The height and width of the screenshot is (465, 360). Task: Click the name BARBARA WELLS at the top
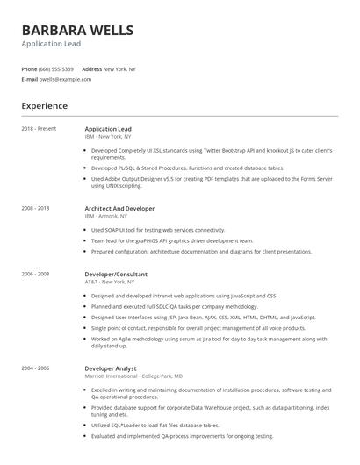pyautogui.click(x=78, y=31)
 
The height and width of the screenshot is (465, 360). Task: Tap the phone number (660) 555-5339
pyautogui.click(x=57, y=68)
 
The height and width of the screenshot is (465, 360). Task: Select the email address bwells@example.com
pyautogui.click(x=66, y=79)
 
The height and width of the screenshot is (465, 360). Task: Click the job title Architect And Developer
pyautogui.click(x=119, y=209)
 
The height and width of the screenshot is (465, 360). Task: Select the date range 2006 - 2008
pyautogui.click(x=36, y=274)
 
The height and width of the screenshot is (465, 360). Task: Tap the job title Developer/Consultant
pyautogui.click(x=116, y=274)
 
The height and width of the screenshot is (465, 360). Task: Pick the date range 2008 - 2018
pyautogui.click(x=36, y=209)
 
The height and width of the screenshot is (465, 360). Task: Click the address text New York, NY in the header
pyautogui.click(x=120, y=68)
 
